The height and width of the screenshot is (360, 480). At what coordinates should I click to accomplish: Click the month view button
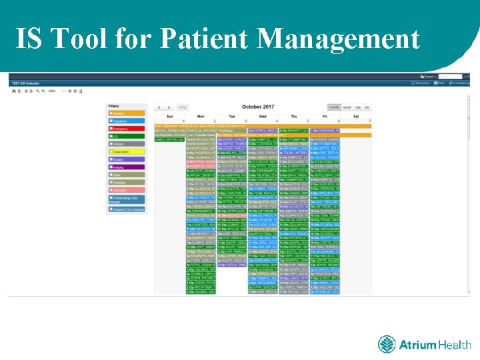pos(333,107)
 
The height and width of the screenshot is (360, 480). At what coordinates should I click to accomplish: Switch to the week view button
pos(347,107)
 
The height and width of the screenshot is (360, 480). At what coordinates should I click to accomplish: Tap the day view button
pos(358,107)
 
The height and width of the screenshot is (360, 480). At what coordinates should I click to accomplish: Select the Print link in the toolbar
pos(441,84)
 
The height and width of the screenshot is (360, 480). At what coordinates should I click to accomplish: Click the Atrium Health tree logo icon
pos(387,345)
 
